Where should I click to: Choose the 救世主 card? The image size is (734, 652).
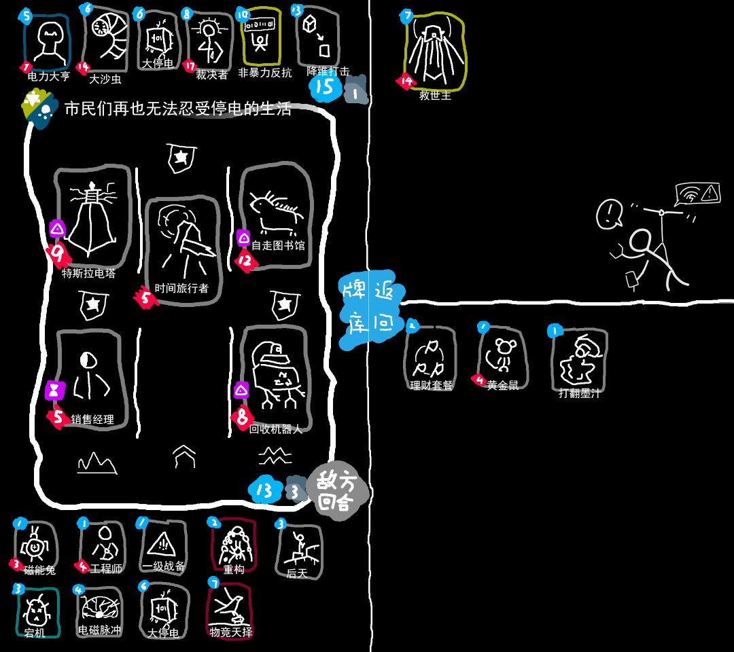coord(435,51)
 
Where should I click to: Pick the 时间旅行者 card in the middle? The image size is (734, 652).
coord(182,248)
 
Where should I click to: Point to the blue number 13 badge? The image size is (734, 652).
coord(265,490)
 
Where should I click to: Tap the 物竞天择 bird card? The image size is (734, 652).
coord(230,608)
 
